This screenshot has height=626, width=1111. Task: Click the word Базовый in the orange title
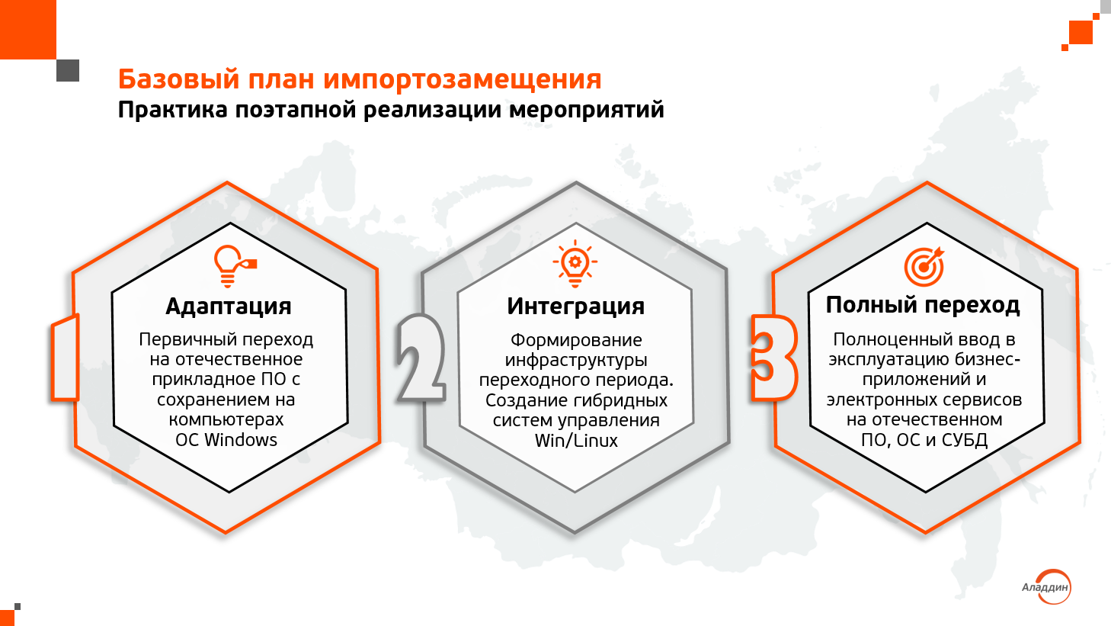click(179, 79)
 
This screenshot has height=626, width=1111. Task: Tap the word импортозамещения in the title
click(463, 79)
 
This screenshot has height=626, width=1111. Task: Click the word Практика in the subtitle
click(173, 110)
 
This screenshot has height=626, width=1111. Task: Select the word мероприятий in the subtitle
click(587, 111)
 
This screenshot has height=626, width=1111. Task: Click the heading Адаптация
click(228, 307)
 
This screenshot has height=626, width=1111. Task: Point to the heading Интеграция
click(575, 307)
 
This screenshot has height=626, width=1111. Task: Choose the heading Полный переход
click(923, 305)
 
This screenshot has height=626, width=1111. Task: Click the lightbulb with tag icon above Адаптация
click(234, 266)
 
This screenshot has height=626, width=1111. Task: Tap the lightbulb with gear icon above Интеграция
click(575, 264)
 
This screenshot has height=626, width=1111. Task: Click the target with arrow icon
click(924, 267)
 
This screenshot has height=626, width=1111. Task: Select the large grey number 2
click(420, 357)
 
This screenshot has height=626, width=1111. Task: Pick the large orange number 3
click(773, 357)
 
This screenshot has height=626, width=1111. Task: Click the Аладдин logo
click(1046, 587)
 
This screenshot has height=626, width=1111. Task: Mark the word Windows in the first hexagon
click(241, 440)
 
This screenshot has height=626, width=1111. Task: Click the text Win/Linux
click(576, 441)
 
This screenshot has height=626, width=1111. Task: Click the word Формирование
click(576, 340)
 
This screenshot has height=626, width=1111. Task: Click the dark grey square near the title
click(68, 70)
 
